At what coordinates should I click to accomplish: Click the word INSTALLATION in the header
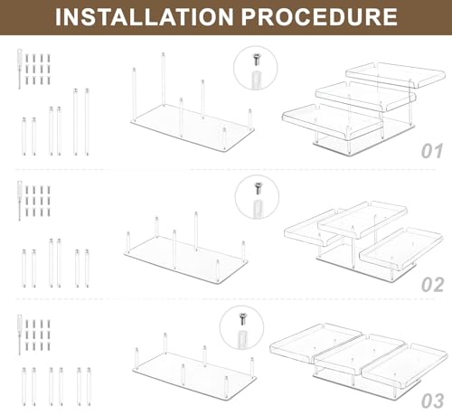[x=144, y=17]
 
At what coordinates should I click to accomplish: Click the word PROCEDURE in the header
[x=319, y=17]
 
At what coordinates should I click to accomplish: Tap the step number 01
[x=432, y=151]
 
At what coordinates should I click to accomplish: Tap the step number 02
[x=433, y=285]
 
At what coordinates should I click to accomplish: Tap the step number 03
[x=433, y=401]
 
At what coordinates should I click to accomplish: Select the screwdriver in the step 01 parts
[x=20, y=69]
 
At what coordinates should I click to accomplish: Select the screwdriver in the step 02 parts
[x=20, y=201]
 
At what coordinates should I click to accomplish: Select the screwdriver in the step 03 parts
[x=20, y=335]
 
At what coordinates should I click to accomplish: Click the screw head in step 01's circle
[x=256, y=56]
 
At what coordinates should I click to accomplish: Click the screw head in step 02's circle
[x=258, y=185]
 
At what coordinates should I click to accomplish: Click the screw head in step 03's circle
[x=243, y=316]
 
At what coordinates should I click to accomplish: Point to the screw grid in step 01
[x=38, y=70]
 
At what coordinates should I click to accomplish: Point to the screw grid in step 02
[x=38, y=202]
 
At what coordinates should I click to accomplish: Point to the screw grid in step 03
[x=38, y=335]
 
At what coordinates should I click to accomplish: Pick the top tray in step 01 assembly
[x=396, y=75]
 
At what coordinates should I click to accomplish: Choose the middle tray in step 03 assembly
[x=360, y=352]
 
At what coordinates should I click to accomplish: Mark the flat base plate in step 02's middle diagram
[x=186, y=260]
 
